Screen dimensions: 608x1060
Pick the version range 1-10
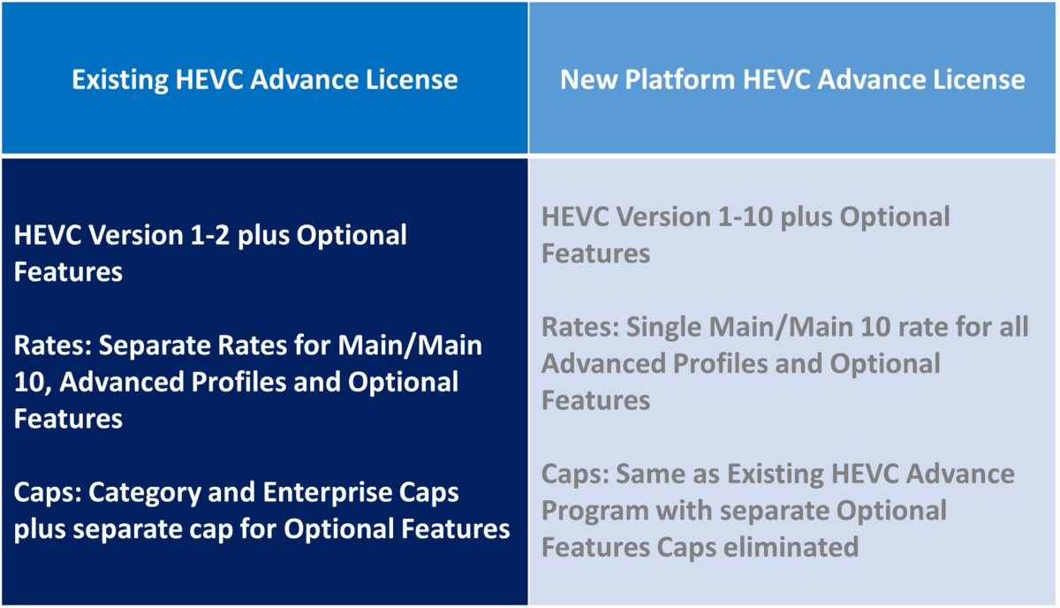tap(743, 217)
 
